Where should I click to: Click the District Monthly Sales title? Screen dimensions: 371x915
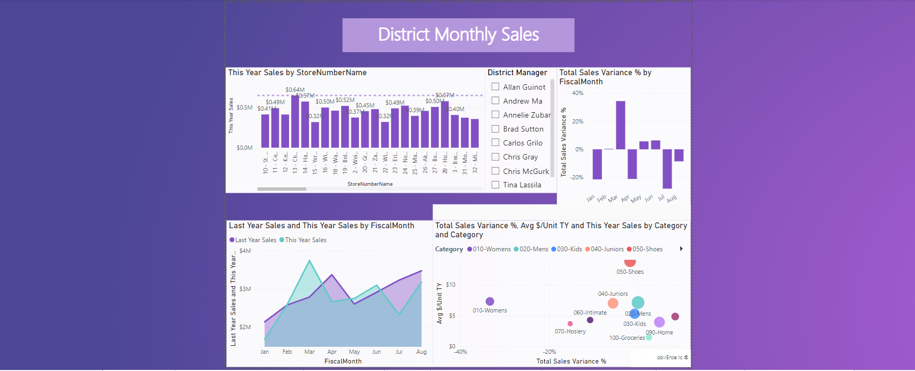click(458, 35)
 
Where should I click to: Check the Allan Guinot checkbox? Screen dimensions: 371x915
click(495, 86)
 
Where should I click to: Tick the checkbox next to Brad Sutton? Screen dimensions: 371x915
click(495, 129)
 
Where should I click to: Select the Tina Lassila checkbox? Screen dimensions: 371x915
click(495, 185)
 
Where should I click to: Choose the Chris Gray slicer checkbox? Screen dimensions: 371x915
click(495, 157)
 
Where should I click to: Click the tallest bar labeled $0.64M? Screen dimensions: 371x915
click(295, 121)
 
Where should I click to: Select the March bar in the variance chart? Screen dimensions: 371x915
click(621, 125)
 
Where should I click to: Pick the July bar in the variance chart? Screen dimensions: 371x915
click(667, 169)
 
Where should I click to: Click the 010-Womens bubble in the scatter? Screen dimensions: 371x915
click(489, 302)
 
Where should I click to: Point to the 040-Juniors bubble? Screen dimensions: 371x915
click(613, 303)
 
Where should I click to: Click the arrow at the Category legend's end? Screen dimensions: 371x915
click(681, 249)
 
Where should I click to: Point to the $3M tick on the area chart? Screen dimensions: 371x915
click(245, 289)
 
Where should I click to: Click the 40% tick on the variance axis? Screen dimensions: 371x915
click(578, 93)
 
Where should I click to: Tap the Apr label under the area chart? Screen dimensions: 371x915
click(332, 352)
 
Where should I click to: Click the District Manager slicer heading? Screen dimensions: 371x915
click(517, 72)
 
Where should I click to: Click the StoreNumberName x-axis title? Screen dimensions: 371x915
click(370, 184)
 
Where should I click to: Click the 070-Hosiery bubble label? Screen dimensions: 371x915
click(570, 331)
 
